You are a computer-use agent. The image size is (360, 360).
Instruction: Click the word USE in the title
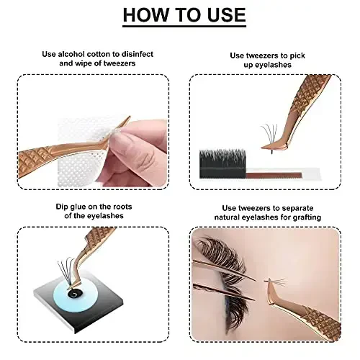[220, 14]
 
